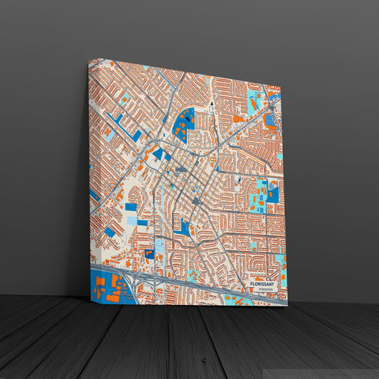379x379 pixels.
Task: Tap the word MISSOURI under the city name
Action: pos(265,291)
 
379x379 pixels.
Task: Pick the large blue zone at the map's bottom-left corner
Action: pos(107,288)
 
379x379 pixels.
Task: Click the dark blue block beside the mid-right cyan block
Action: pos(273,193)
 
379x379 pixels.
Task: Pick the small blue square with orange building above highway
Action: pos(149,253)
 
